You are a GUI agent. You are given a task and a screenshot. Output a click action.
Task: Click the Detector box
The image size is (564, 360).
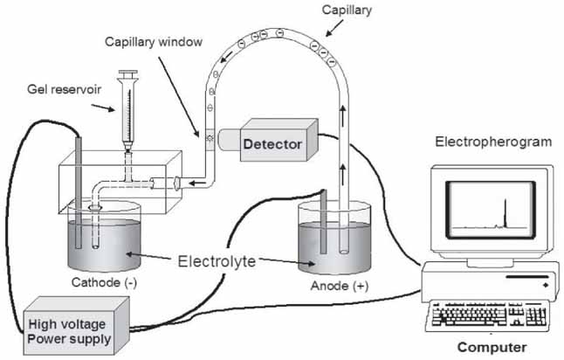click(272, 142)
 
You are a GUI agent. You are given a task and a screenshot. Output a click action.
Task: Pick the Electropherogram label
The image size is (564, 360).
click(492, 141)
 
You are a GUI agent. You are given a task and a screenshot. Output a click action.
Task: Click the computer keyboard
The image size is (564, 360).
click(490, 314)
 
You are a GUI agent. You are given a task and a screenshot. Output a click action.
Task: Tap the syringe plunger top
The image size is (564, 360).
click(128, 74)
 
